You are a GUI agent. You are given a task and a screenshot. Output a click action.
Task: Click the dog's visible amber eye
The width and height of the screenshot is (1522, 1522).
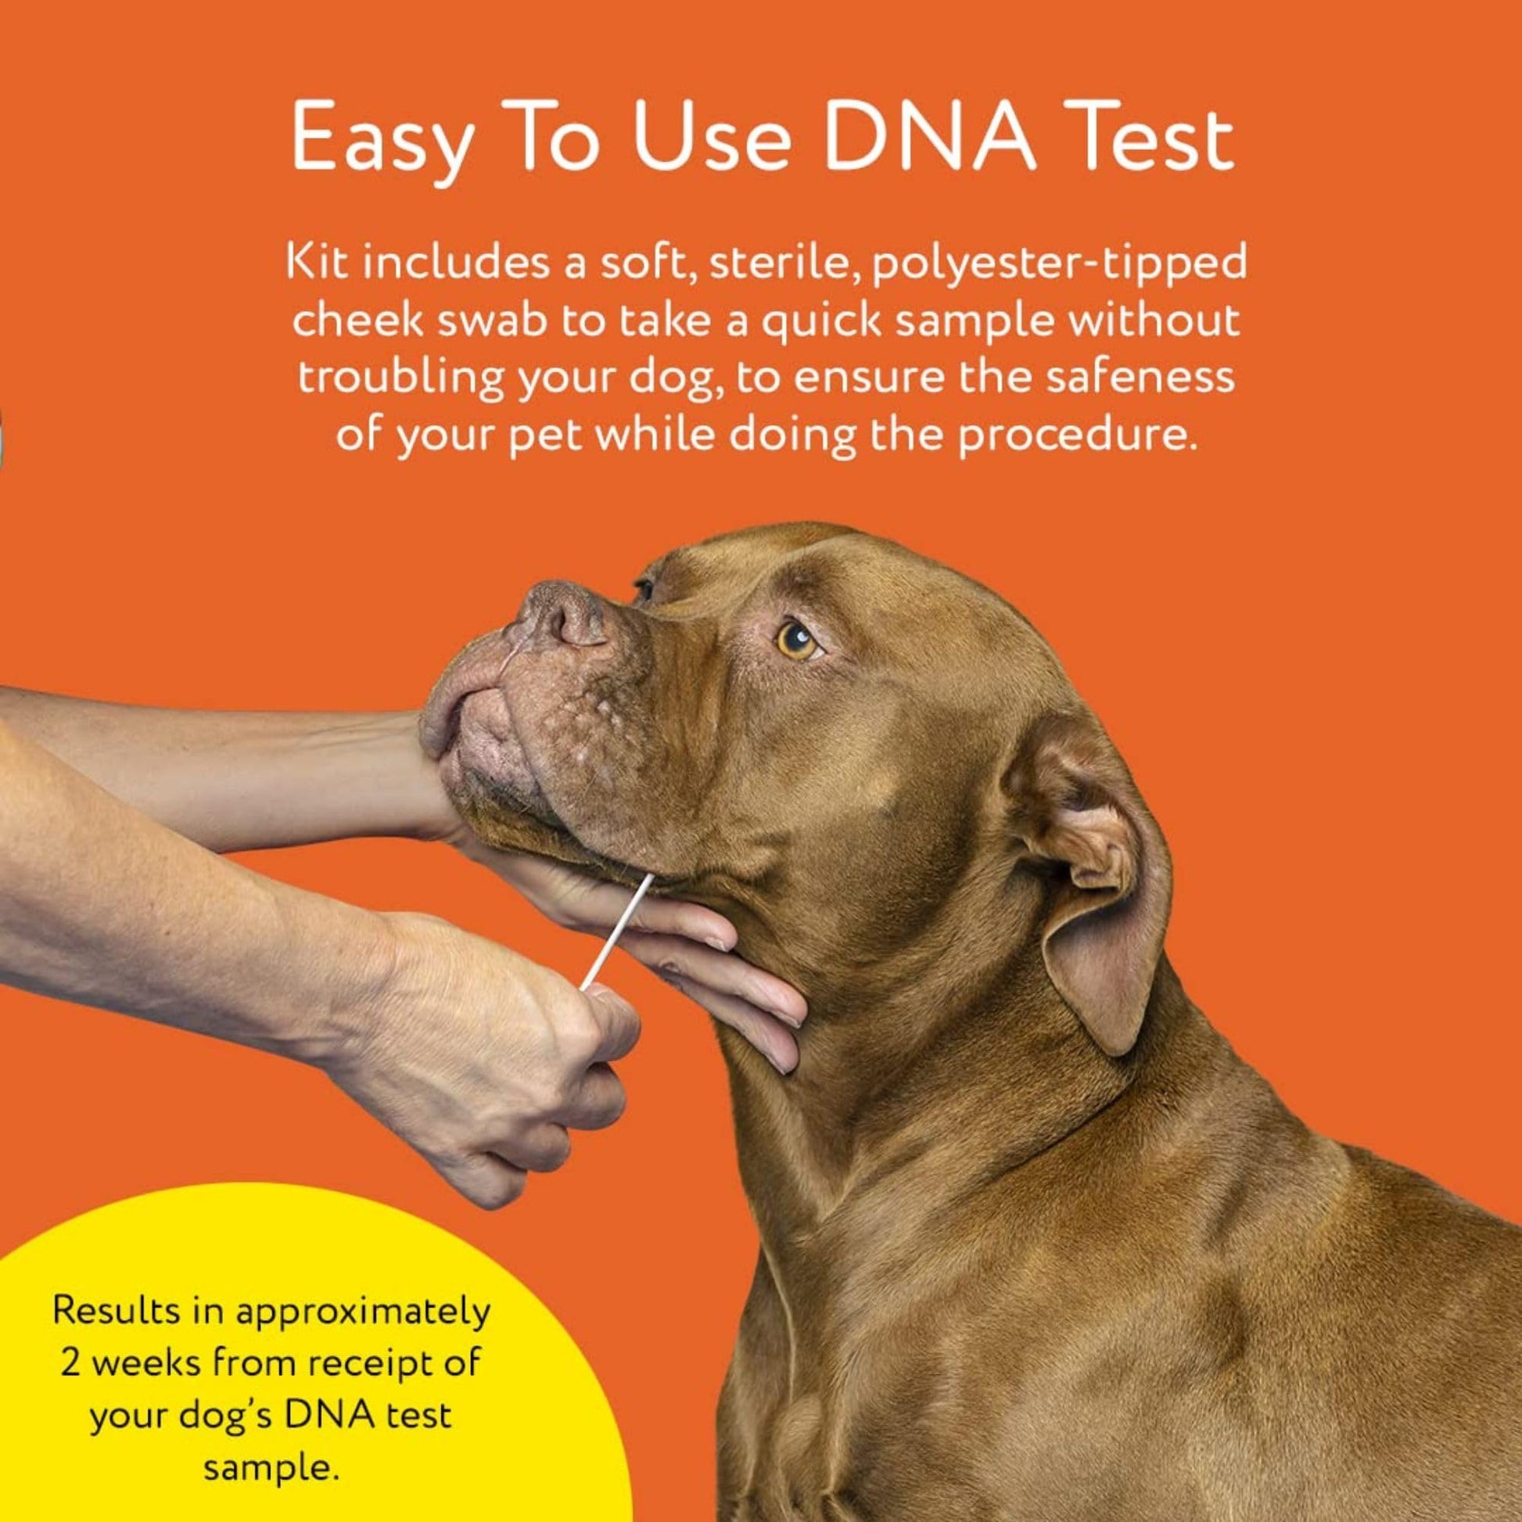798,639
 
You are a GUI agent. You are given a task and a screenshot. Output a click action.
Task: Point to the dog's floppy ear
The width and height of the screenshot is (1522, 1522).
1103,882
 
